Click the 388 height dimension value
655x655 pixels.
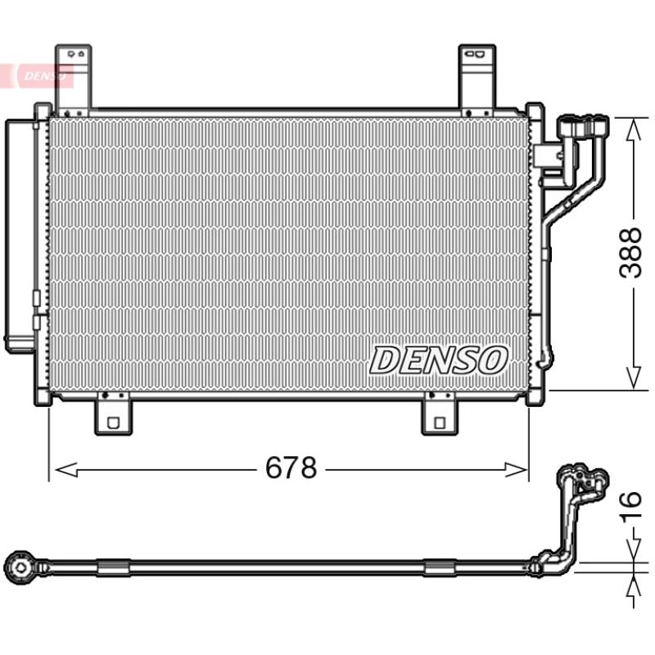630,253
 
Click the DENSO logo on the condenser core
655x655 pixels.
439,360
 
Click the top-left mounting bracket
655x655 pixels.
73,79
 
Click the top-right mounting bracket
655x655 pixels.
477,79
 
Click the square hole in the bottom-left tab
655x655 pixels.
113,422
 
